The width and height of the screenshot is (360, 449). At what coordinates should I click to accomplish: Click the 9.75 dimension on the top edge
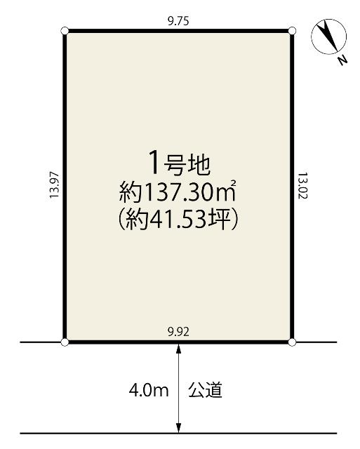tap(178, 21)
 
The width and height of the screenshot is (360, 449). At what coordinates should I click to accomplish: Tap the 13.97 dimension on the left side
tap(53, 187)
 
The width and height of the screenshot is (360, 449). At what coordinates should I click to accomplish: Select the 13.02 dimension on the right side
tap(302, 187)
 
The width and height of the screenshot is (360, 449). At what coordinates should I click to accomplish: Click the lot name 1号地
tap(178, 163)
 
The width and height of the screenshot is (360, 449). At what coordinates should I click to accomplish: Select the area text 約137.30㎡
tap(178, 191)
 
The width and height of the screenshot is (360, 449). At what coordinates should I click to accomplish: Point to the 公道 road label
tap(206, 390)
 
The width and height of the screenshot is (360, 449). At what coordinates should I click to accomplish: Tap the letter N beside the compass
tap(342, 60)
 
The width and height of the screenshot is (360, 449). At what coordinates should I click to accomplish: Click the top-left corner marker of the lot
tap(65, 31)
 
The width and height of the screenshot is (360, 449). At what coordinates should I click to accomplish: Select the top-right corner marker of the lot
tap(292, 31)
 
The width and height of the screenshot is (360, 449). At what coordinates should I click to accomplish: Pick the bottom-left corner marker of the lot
tap(65, 342)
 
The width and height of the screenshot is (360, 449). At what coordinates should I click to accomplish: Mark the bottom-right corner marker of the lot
tap(292, 342)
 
